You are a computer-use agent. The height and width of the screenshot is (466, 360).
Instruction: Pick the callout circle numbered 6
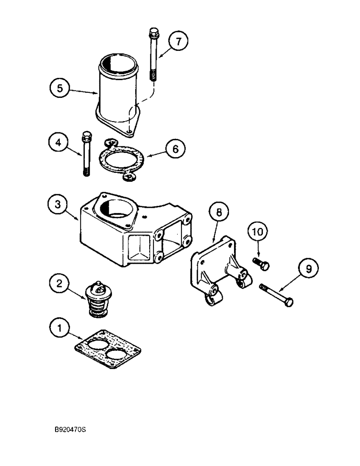click(x=175, y=149)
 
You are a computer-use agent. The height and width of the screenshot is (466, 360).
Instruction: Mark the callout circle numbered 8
click(x=219, y=212)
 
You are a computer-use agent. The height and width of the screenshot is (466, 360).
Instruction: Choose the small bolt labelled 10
click(x=261, y=263)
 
